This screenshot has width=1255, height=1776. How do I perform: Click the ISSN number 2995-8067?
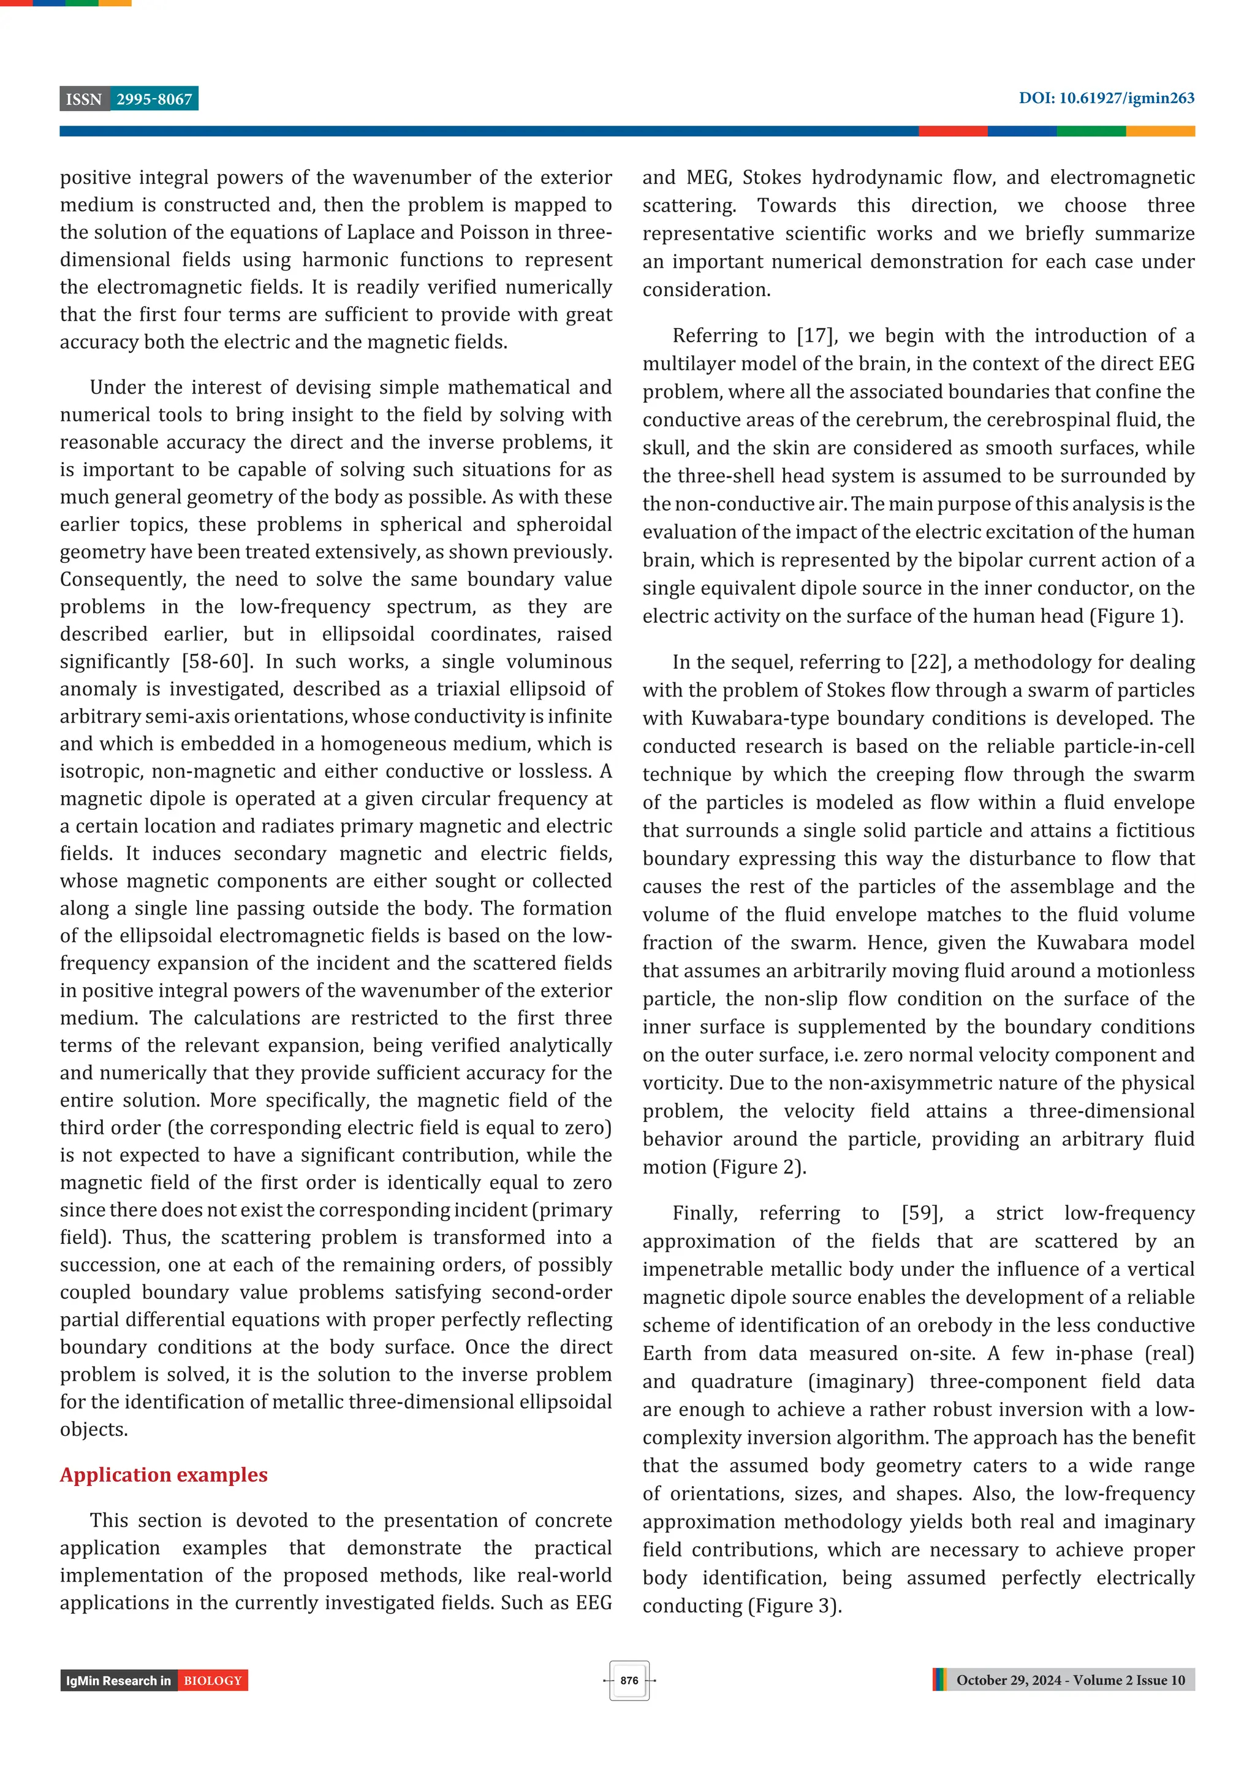point(154,99)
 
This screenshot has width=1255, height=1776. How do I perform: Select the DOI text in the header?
point(1105,98)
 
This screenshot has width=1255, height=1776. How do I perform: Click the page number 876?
point(629,1680)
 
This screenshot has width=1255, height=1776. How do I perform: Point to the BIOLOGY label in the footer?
point(213,1680)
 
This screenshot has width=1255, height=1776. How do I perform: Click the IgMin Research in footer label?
point(118,1680)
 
